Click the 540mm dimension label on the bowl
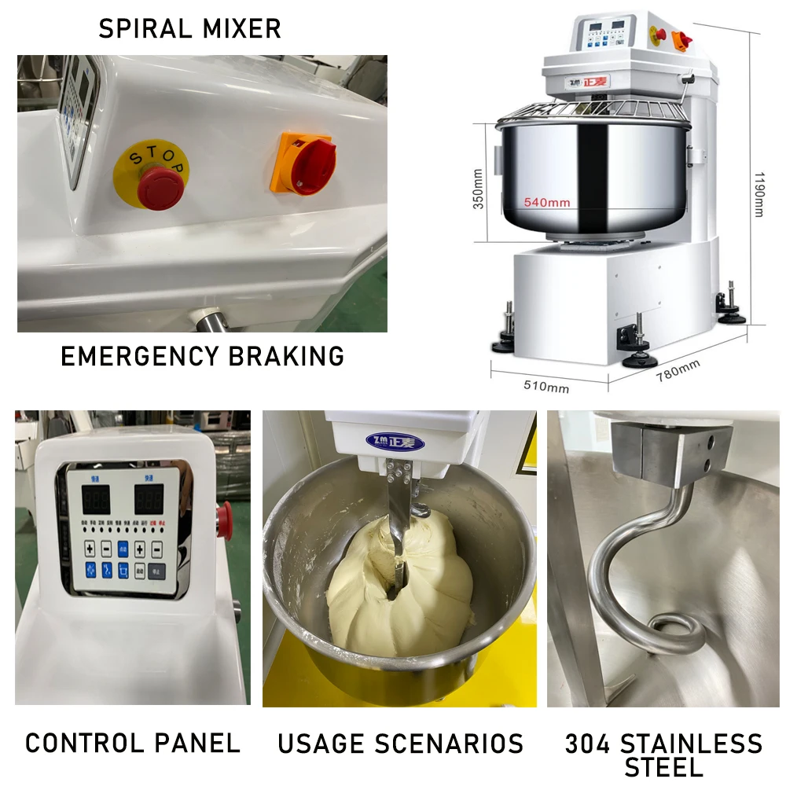coord(548,202)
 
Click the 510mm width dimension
coord(545,387)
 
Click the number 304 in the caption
coord(589,744)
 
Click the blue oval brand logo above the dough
coord(395,442)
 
